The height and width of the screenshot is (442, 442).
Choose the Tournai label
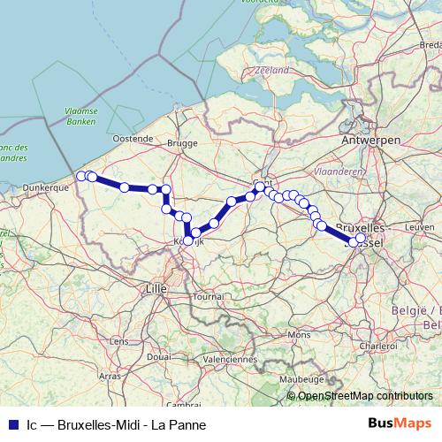[x=210, y=297]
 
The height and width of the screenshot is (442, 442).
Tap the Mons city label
[x=300, y=335]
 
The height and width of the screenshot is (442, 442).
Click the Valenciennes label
[x=229, y=360]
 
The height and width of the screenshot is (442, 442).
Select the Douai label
[x=160, y=355]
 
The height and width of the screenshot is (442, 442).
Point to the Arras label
[x=110, y=376]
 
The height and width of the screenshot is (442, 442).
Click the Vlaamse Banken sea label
[x=81, y=117]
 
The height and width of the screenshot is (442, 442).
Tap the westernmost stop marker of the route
[x=81, y=176]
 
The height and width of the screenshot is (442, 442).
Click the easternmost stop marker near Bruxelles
[x=360, y=237]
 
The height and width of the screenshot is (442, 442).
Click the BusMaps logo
[x=400, y=424]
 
